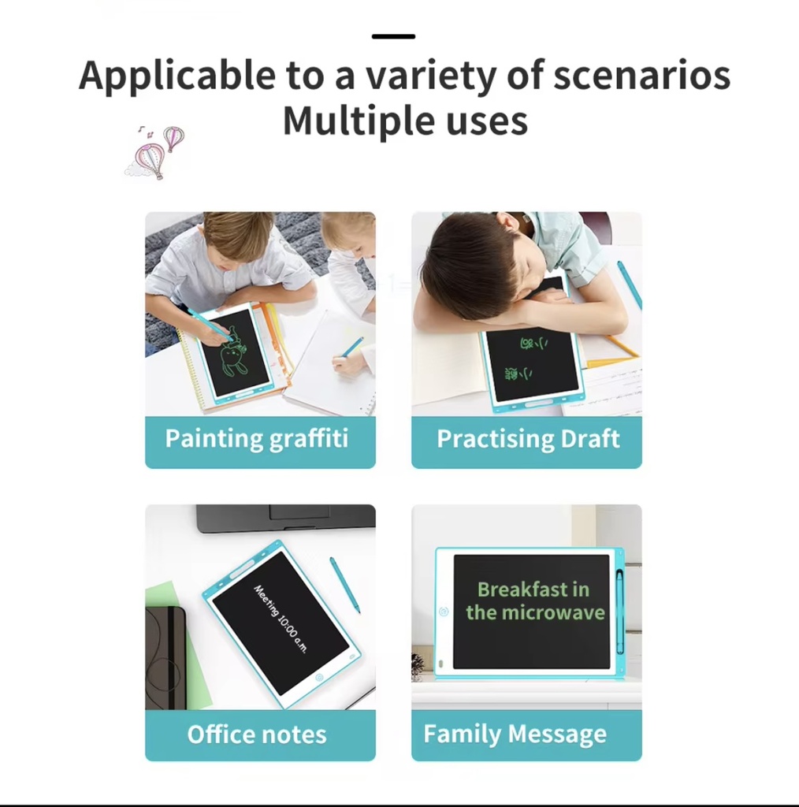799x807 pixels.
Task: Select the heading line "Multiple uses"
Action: pos(405,121)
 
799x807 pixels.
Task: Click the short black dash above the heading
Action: pos(393,36)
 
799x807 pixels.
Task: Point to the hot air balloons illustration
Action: pos(157,151)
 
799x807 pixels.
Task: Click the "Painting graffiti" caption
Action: pos(257,439)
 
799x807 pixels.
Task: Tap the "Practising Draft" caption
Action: pos(528,439)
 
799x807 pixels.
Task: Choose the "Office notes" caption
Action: pos(257,734)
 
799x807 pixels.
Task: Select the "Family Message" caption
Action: pos(515,734)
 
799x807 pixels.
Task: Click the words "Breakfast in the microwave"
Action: pos(534,601)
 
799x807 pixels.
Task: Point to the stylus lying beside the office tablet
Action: pos(345,584)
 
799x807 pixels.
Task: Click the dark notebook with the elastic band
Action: pos(165,657)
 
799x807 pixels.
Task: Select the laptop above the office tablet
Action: pos(285,517)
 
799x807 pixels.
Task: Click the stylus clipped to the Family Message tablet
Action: pos(619,611)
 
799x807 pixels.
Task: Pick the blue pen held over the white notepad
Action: pos(351,348)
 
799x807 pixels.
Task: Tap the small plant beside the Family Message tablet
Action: pos(418,667)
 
